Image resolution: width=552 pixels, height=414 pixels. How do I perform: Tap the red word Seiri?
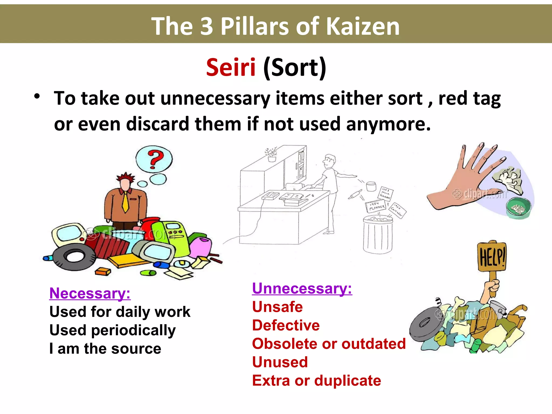click(231, 67)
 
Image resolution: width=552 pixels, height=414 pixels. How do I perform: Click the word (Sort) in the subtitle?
click(295, 68)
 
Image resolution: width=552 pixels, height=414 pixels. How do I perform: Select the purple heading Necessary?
click(90, 293)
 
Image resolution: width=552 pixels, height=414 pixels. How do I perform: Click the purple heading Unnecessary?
click(302, 288)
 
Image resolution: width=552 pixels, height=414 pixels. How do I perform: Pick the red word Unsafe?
click(277, 307)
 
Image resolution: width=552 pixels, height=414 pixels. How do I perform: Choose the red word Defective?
click(286, 325)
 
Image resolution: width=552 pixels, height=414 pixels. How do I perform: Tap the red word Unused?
click(280, 362)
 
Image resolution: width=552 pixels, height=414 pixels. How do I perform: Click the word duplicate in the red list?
click(348, 381)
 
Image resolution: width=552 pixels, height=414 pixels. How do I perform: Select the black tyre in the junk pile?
click(74, 256)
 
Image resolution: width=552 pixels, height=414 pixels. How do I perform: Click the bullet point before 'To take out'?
click(37, 96)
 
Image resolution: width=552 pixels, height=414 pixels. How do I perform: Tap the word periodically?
click(133, 330)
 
